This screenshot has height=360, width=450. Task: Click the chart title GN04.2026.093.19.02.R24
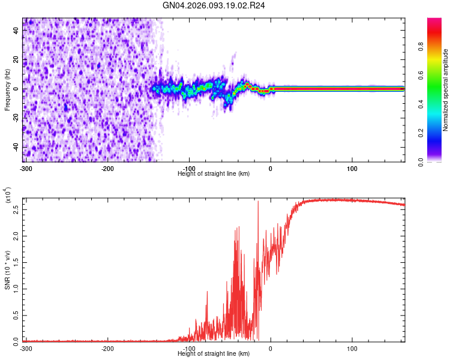click(x=214, y=7)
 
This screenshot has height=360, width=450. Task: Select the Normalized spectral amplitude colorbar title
click(x=446, y=90)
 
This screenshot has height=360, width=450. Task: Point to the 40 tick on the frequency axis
click(x=16, y=31)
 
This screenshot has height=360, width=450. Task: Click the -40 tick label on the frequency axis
click(x=16, y=147)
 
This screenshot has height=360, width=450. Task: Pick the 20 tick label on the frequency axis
click(x=16, y=60)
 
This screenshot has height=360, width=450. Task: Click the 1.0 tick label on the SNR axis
click(x=16, y=288)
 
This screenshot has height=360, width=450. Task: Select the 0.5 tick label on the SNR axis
click(x=16, y=314)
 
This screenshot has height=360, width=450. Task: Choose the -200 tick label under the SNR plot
click(x=107, y=349)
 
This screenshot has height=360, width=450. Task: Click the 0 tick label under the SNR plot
click(x=271, y=349)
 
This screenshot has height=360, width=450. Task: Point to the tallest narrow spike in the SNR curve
click(x=258, y=202)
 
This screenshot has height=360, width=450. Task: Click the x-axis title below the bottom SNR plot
click(x=214, y=354)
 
